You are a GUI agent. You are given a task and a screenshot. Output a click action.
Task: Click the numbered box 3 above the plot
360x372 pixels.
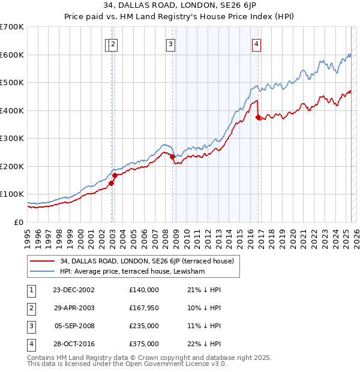coord(170,43)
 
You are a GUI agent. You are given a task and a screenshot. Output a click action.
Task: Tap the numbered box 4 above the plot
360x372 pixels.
coord(256,43)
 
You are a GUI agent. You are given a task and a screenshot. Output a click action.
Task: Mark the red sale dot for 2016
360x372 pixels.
coord(258,118)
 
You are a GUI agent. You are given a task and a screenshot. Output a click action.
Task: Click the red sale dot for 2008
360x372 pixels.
coord(172,157)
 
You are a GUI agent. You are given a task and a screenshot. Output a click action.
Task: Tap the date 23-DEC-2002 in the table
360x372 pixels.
coord(73,290)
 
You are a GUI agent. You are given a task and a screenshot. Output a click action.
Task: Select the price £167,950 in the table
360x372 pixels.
coord(143,308)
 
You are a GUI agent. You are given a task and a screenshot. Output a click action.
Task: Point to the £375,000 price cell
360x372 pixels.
coord(143,344)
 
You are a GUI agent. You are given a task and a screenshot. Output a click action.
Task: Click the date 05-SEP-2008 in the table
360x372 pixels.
coord(74,326)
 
